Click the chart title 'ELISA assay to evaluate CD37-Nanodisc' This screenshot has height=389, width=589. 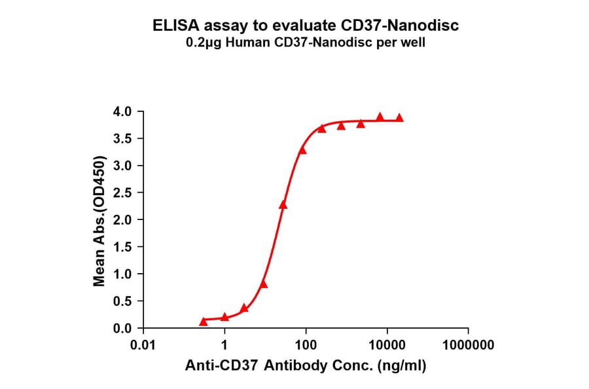pyautogui.click(x=306, y=26)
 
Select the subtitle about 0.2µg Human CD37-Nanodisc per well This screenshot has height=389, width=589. pyautogui.click(x=306, y=43)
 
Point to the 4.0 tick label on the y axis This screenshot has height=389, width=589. pyautogui.click(x=123, y=111)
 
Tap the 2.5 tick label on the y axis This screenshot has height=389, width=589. pyautogui.click(x=123, y=193)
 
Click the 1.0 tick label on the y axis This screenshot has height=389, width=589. pyautogui.click(x=123, y=274)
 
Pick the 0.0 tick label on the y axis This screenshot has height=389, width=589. pyautogui.click(x=123, y=328)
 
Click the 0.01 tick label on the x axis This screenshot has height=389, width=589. pyautogui.click(x=143, y=345)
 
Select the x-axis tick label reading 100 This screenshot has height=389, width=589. pyautogui.click(x=306, y=345)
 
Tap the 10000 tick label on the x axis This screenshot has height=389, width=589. pyautogui.click(x=387, y=345)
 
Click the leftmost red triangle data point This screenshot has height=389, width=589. pyautogui.click(x=204, y=321)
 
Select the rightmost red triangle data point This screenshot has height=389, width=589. pyautogui.click(x=399, y=118)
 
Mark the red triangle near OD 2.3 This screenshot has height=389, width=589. pyautogui.click(x=283, y=204)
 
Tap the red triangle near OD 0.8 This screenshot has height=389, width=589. pyautogui.click(x=264, y=284)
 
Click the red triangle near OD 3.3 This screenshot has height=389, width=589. pyautogui.click(x=302, y=150)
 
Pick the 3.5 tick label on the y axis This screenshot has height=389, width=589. pyautogui.click(x=123, y=138)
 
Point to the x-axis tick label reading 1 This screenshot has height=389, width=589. pyautogui.click(x=224, y=345)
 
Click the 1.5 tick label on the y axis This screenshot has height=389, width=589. pyautogui.click(x=123, y=247)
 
